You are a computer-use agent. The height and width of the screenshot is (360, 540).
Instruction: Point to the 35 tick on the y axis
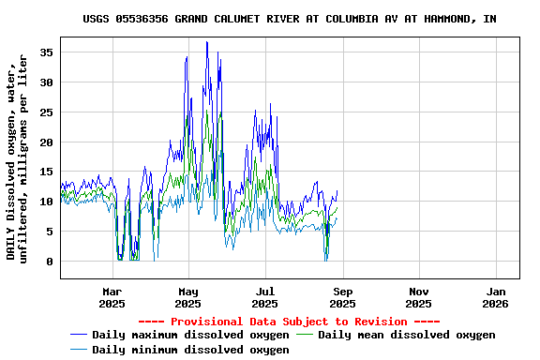tap(47, 52)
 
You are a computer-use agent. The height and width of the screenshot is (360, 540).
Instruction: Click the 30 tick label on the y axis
tap(47, 82)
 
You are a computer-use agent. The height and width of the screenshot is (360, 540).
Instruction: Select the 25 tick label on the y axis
tap(47, 112)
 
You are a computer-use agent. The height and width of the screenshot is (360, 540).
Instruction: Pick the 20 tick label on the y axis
tap(47, 142)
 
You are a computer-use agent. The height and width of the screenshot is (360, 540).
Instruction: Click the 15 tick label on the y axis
tap(47, 172)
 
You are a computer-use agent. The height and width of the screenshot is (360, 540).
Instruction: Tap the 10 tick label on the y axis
tap(47, 202)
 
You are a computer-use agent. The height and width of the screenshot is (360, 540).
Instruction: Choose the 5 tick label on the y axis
tap(50, 232)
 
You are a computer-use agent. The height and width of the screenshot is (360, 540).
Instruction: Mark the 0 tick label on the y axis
tap(50, 262)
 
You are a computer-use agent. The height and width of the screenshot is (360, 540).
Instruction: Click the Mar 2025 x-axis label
tap(112, 297)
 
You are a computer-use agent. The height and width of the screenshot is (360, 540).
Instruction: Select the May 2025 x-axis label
tap(188, 297)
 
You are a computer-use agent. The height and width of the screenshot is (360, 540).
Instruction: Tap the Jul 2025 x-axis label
tap(265, 297)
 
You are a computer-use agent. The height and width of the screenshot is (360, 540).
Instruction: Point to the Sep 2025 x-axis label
tap(342, 297)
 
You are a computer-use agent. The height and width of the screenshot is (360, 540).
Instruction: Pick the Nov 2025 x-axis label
tap(419, 297)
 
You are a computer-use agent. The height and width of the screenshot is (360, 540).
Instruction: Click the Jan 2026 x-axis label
tap(496, 297)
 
